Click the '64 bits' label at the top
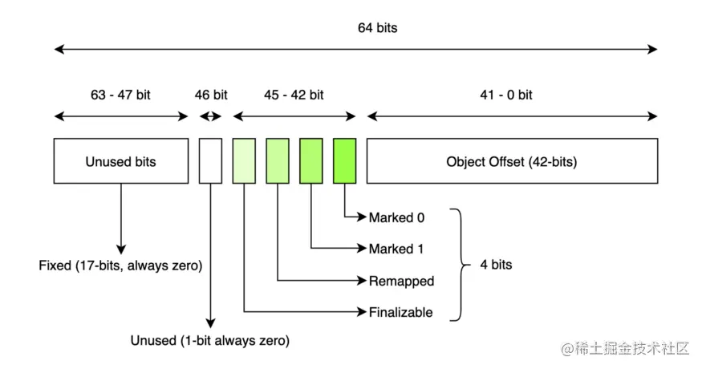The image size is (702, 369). pyautogui.click(x=377, y=28)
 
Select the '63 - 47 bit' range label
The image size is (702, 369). pyautogui.click(x=120, y=95)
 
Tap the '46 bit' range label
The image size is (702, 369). pyautogui.click(x=211, y=95)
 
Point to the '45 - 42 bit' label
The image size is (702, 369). pyautogui.click(x=294, y=95)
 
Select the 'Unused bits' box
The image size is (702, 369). pyautogui.click(x=121, y=161)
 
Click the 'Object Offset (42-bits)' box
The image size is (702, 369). pyautogui.click(x=512, y=161)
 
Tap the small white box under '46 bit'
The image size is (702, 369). pyautogui.click(x=210, y=161)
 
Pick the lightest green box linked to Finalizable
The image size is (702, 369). pyautogui.click(x=244, y=161)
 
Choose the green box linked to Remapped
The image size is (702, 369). pyautogui.click(x=278, y=161)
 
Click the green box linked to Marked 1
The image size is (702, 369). pyautogui.click(x=311, y=161)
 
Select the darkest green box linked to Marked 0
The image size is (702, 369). pyautogui.click(x=345, y=161)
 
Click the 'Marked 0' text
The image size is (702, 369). pyautogui.click(x=396, y=217)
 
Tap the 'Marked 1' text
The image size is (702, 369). pyautogui.click(x=396, y=249)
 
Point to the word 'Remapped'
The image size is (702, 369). pyautogui.click(x=401, y=281)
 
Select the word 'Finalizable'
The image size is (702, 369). pyautogui.click(x=401, y=312)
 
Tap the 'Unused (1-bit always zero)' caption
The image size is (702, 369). pyautogui.click(x=210, y=341)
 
